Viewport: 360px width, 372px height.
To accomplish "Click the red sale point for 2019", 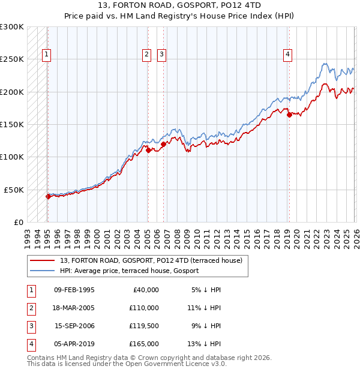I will [289, 115].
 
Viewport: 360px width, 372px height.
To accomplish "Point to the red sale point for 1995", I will [47, 196].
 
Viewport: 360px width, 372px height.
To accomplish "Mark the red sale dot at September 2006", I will [163, 144].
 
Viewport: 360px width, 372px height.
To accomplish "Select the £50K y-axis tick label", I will [14, 190].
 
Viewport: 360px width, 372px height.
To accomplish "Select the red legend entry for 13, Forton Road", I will [151, 260].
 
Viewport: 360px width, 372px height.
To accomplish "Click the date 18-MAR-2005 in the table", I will [74, 307].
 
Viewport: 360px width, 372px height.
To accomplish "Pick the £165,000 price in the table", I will [145, 344].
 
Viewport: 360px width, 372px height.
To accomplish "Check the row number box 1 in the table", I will [30, 290].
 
